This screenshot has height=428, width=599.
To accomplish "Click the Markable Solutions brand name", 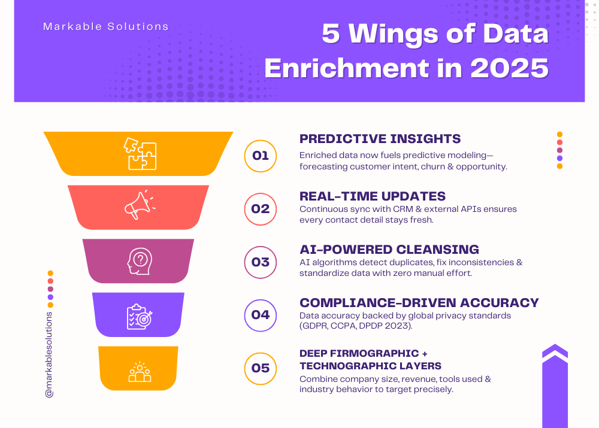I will click(x=105, y=27).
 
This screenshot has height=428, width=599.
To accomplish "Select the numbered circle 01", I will click(x=261, y=156).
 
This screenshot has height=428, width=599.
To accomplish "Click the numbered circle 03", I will click(x=261, y=262).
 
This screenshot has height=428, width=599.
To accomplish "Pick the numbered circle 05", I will click(x=261, y=368).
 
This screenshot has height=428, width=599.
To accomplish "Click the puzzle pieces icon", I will click(x=140, y=153).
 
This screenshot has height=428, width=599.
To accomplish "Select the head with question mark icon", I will click(x=139, y=260).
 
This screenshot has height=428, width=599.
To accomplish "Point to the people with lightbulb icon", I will click(x=140, y=372).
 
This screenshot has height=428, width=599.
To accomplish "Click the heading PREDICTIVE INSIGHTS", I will click(x=380, y=139).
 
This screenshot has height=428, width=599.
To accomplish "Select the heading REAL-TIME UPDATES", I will click(x=372, y=196).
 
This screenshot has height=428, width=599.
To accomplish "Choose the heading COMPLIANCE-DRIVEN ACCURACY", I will click(x=419, y=303).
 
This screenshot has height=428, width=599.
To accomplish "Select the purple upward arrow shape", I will click(x=555, y=386).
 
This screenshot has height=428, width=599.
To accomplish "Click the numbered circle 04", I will click(x=261, y=315).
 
